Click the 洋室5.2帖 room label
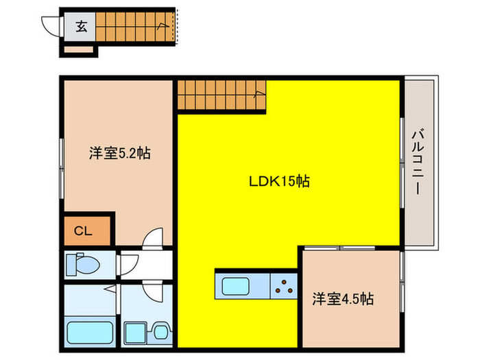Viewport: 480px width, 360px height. (119, 154)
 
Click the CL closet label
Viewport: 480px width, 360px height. (83, 231)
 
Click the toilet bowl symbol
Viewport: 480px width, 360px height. (86, 264)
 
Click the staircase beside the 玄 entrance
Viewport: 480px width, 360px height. (133, 27)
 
